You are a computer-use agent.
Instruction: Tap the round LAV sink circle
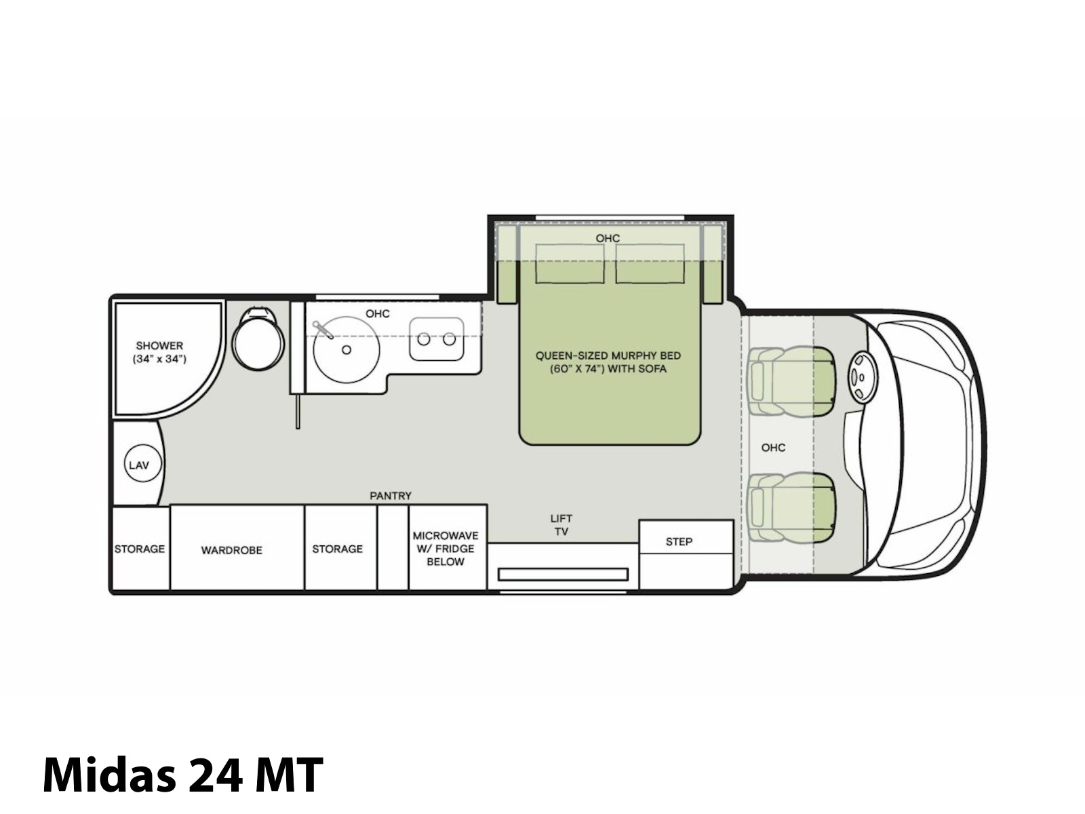[x=143, y=465]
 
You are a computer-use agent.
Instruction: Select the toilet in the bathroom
[x=258, y=338]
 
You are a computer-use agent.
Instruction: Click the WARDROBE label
[x=231, y=550]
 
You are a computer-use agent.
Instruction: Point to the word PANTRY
[x=391, y=495]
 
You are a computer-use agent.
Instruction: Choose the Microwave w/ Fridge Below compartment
[x=448, y=547]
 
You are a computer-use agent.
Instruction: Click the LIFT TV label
[x=561, y=525]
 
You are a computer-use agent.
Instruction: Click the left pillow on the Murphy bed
[x=570, y=263]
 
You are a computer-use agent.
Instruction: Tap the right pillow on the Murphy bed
[x=650, y=263]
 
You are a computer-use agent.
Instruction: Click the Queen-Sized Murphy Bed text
[x=608, y=362]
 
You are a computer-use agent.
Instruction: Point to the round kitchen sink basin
[x=346, y=349]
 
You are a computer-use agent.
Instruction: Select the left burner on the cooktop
[x=424, y=340]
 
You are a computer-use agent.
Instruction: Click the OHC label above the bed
[x=608, y=238]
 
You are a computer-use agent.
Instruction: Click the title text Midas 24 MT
[x=183, y=775]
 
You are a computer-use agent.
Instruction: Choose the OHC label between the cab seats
[x=773, y=447]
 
